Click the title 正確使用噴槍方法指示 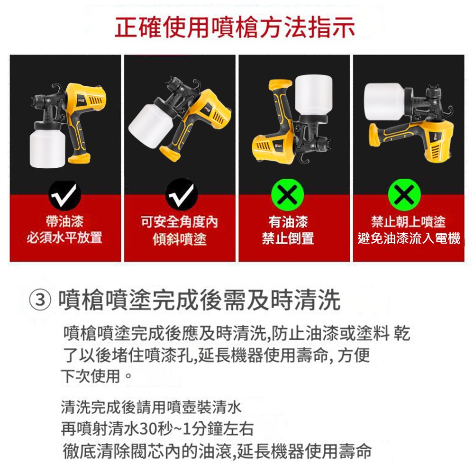[235, 28]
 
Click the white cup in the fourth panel [384, 101]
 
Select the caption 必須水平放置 [65, 237]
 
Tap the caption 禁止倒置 [288, 238]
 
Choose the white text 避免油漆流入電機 [409, 238]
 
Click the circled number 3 [43, 301]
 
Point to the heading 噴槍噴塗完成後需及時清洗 [199, 301]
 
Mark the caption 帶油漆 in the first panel [65, 221]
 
